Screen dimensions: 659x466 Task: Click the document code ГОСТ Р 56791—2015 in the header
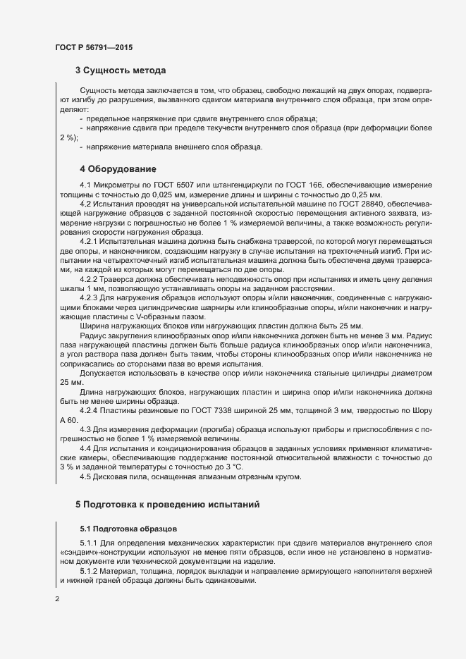(x=93, y=47)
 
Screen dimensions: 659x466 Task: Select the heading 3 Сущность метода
(x=121, y=70)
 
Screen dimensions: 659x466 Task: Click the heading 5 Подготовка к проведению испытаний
(x=168, y=504)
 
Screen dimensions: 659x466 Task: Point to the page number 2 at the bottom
(x=57, y=600)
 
